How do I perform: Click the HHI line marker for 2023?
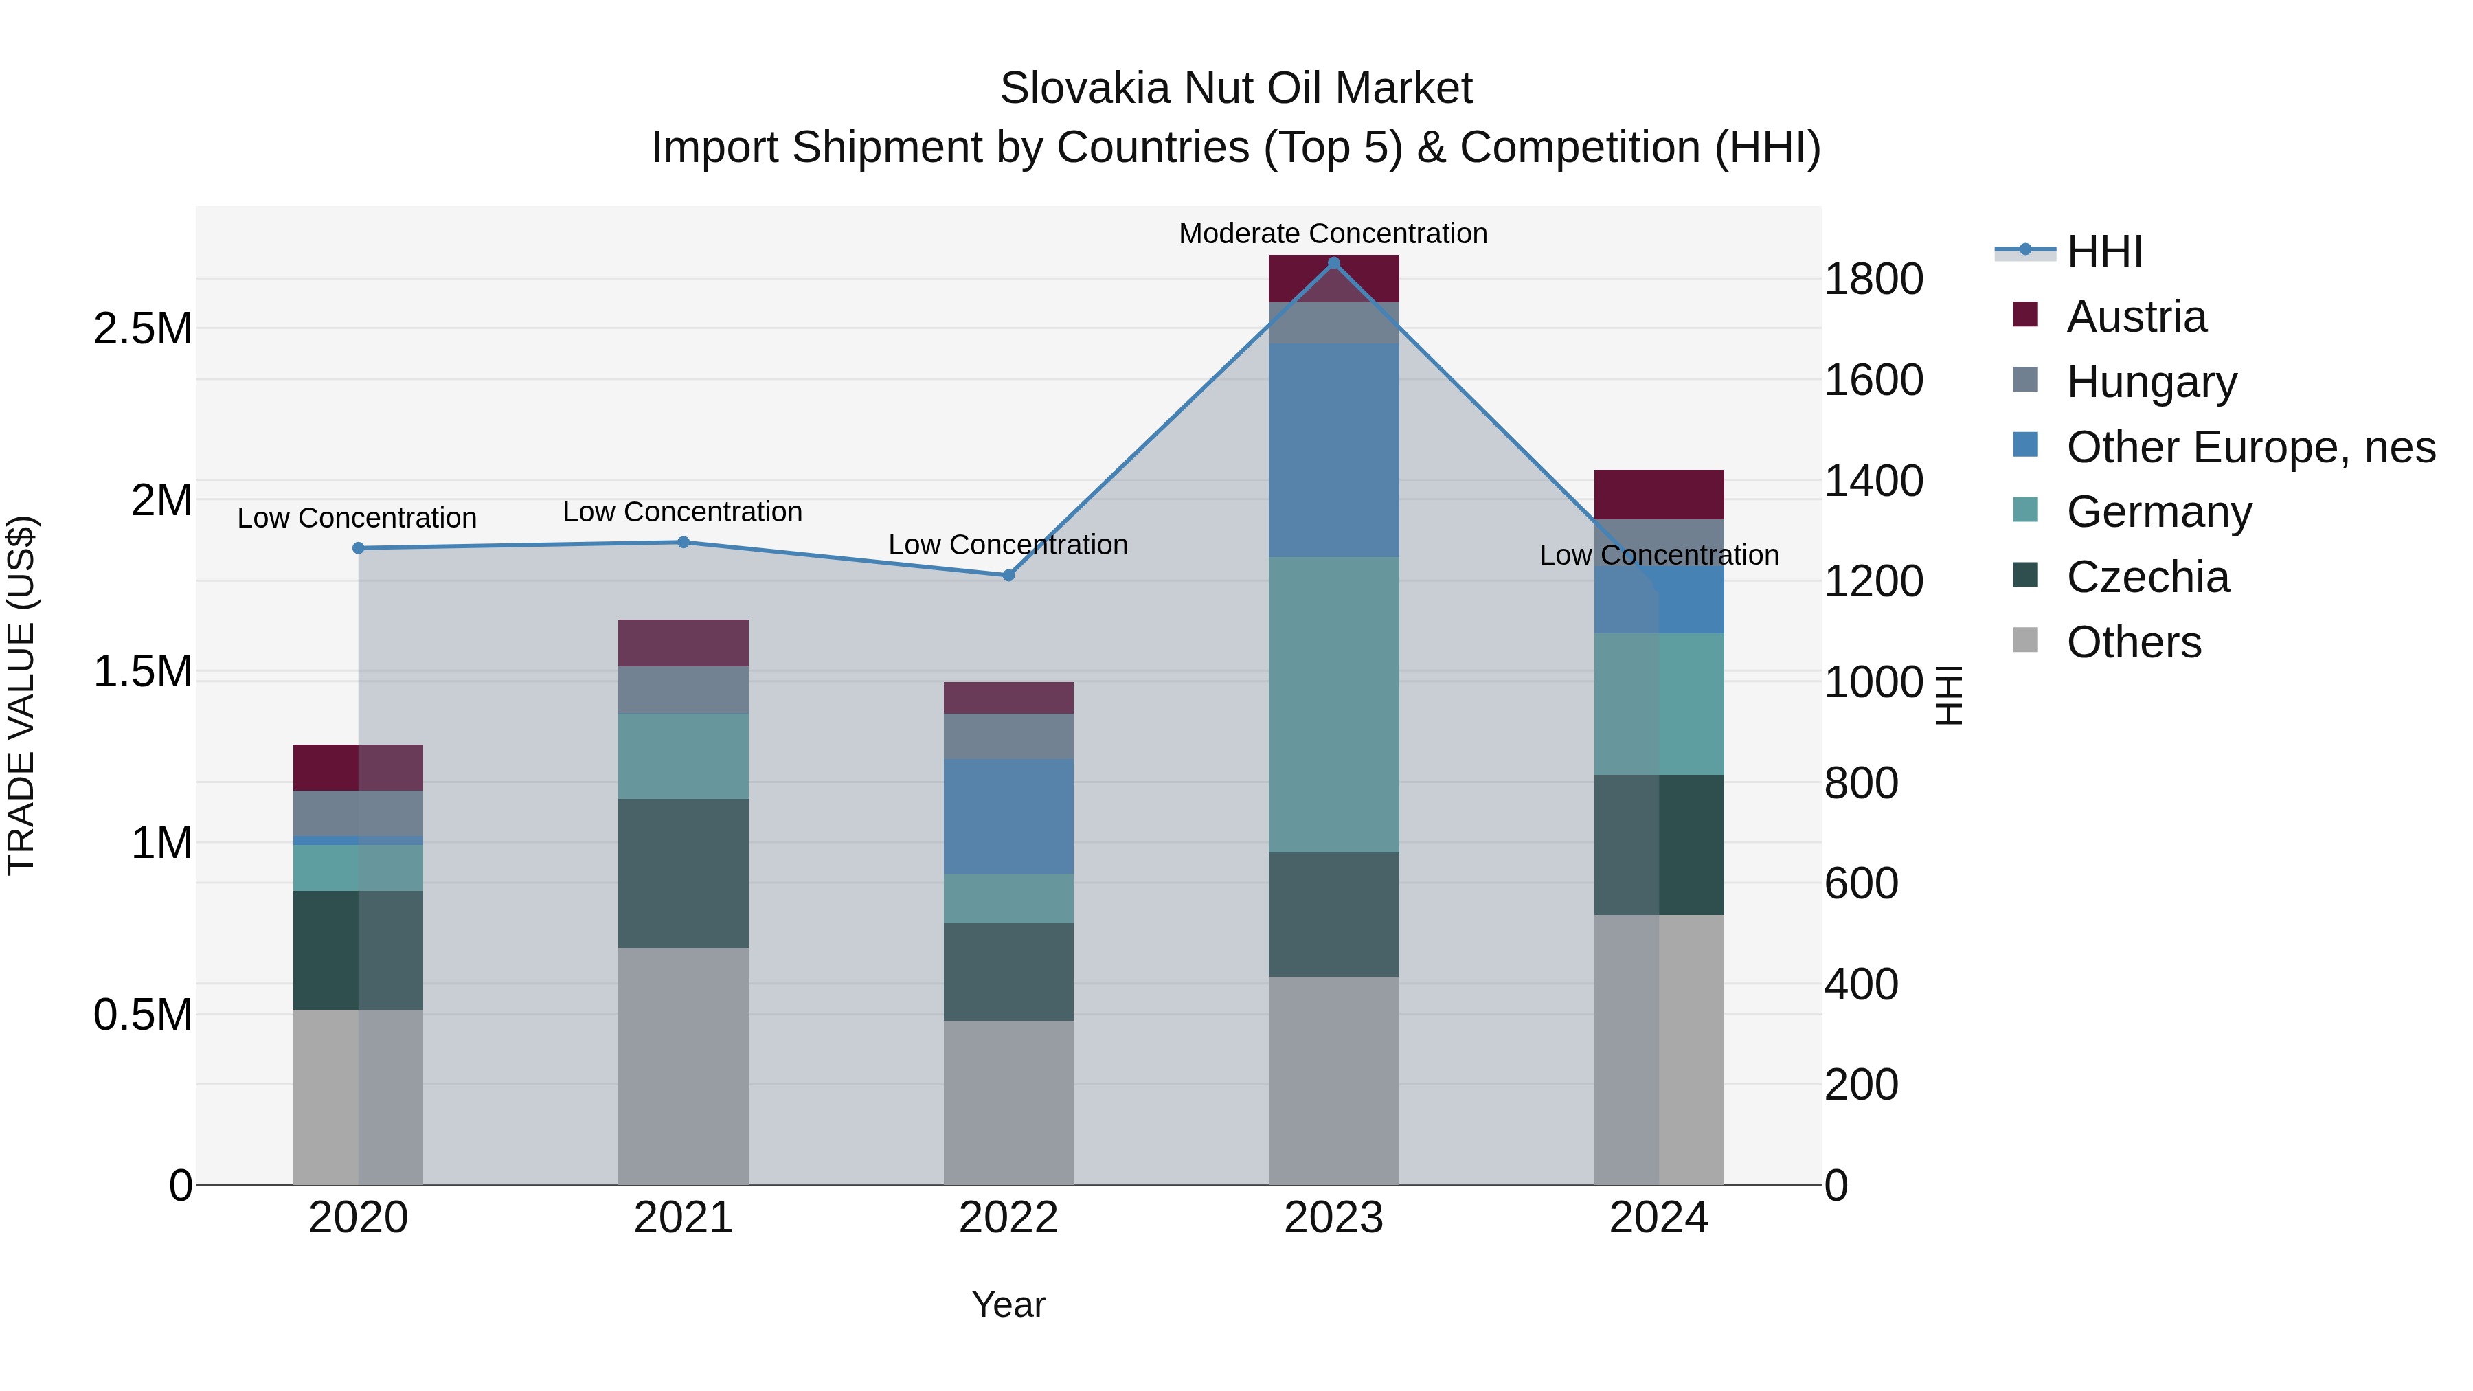click(1333, 263)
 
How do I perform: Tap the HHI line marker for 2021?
click(684, 543)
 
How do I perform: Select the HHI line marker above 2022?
click(1008, 575)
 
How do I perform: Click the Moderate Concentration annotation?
click(1333, 234)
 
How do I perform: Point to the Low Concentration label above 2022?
click(1007, 544)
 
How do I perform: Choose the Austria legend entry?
click(2135, 317)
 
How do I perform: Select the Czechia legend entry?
click(2147, 577)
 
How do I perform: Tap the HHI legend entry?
click(2103, 251)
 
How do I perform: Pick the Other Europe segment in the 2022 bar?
click(1008, 816)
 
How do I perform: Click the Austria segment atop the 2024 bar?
click(1659, 495)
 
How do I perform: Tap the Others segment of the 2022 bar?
click(1008, 1101)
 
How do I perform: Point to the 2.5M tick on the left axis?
click(143, 329)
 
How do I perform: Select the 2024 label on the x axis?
click(1659, 1218)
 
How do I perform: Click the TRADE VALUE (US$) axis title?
click(21, 695)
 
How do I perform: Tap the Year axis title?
click(1008, 1304)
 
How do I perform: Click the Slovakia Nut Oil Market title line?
click(1236, 89)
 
